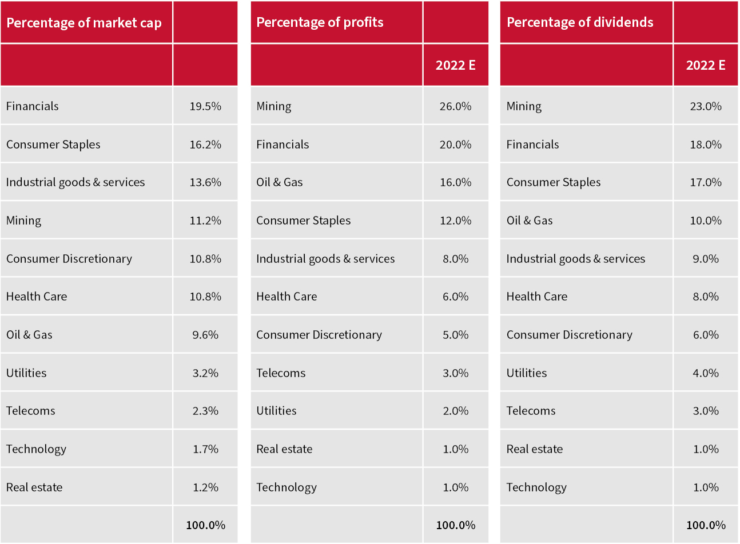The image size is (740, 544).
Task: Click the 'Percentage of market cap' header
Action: click(84, 23)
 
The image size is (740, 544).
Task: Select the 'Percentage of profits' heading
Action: click(320, 22)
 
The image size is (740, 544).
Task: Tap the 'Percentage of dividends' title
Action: click(580, 22)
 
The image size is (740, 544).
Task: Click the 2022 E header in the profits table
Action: click(456, 65)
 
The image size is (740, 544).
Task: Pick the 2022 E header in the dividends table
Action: click(706, 65)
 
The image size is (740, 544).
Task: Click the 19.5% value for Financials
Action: click(205, 106)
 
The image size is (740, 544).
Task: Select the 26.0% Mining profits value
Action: click(456, 106)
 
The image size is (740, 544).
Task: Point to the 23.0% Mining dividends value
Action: click(706, 106)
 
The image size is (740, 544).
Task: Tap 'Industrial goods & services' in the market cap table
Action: click(75, 182)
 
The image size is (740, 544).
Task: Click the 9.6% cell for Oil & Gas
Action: click(205, 335)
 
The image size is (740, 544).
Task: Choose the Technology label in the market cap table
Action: click(36, 449)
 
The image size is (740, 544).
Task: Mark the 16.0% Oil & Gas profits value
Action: click(456, 182)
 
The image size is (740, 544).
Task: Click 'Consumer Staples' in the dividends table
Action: click(554, 182)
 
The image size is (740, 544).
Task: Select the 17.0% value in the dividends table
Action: click(706, 182)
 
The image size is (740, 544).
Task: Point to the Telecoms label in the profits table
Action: click(281, 373)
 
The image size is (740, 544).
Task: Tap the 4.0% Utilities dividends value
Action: click(706, 373)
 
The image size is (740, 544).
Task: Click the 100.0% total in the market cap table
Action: click(205, 525)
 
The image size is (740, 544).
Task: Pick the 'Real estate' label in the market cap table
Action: click(34, 487)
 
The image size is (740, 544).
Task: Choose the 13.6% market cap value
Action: click(205, 182)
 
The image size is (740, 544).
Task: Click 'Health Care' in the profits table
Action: click(287, 297)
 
